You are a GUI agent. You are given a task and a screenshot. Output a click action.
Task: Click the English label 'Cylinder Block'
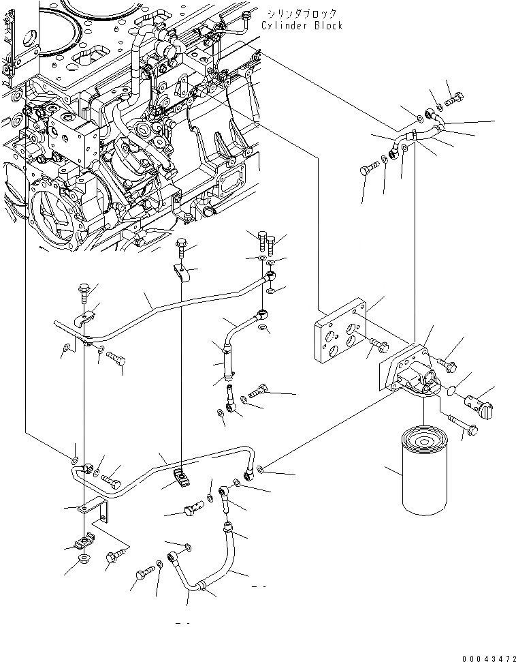point(302,25)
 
